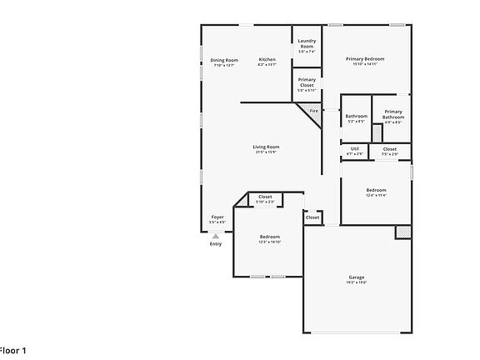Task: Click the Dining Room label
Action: point(223,60)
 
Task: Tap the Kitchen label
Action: point(267,60)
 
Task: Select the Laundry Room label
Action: point(307,43)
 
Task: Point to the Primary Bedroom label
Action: point(365,59)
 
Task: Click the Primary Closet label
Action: point(307,82)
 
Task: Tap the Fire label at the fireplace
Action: point(314,111)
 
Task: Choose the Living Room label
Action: point(267,147)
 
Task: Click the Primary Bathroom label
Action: point(392,114)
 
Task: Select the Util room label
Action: point(354,148)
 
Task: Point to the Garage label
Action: point(356,277)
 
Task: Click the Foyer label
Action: point(217,217)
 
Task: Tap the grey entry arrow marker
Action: point(216,236)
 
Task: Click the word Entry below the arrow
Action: point(216,244)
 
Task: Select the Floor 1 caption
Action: point(12,350)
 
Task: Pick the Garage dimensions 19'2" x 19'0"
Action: point(356,282)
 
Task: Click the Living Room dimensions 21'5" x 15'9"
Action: point(267,152)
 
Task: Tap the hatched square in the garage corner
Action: point(403,231)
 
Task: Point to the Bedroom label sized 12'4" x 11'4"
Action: point(376,190)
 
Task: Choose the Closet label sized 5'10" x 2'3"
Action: point(265,197)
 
